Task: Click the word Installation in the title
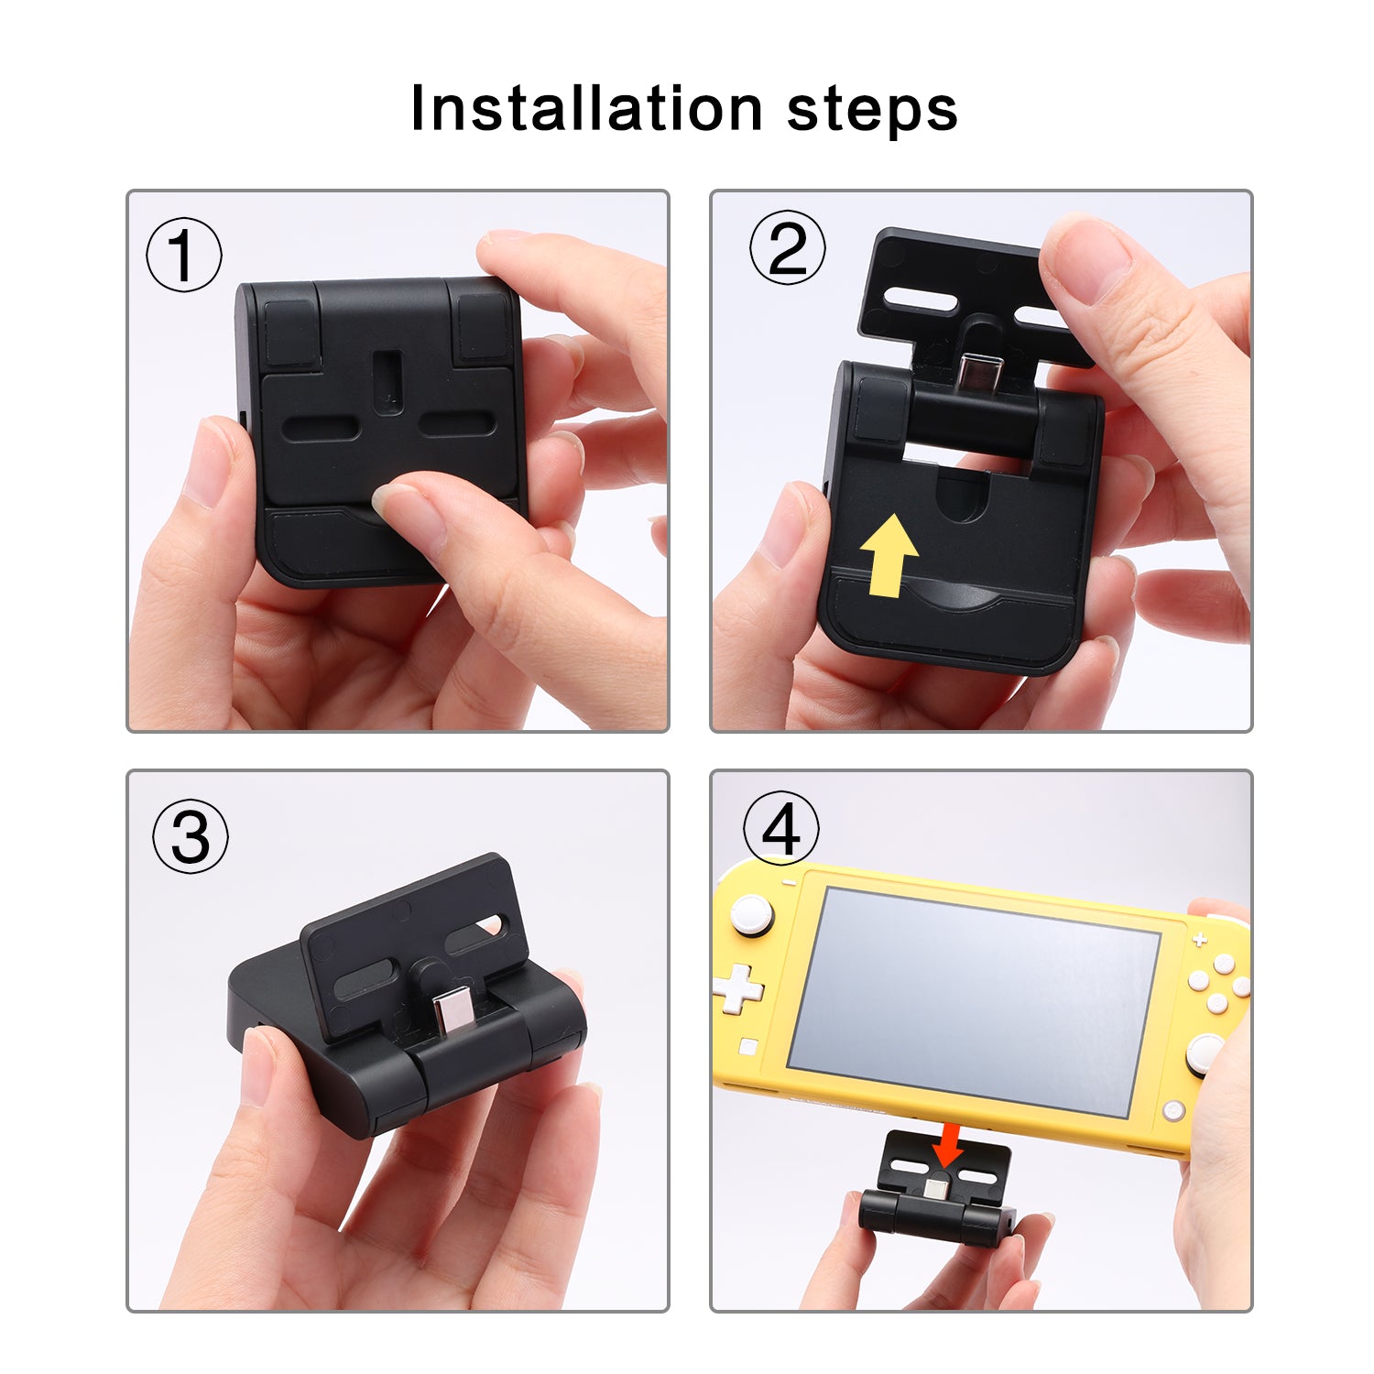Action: point(586,108)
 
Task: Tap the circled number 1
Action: point(184,255)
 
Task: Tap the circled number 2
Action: point(787,247)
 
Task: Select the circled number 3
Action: point(191,835)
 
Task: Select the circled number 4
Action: point(780,828)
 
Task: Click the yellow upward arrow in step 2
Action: point(888,555)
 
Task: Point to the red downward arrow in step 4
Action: point(948,1146)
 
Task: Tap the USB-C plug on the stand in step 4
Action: point(936,1188)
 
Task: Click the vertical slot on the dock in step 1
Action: point(387,378)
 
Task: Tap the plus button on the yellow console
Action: point(1199,940)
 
